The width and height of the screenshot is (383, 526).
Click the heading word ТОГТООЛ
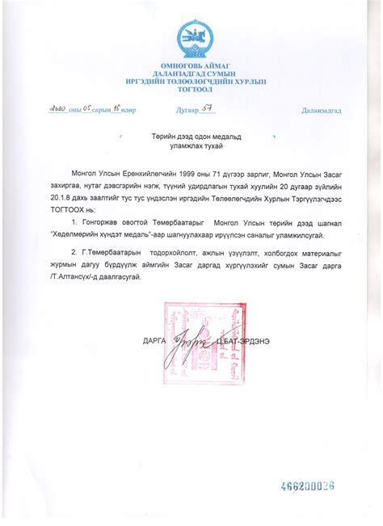191,90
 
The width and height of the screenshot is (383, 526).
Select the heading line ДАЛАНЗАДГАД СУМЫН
191,74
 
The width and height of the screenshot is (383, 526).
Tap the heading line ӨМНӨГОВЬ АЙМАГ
191,65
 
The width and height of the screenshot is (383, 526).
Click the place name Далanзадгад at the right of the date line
321,110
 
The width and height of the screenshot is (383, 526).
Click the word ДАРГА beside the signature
154,342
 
